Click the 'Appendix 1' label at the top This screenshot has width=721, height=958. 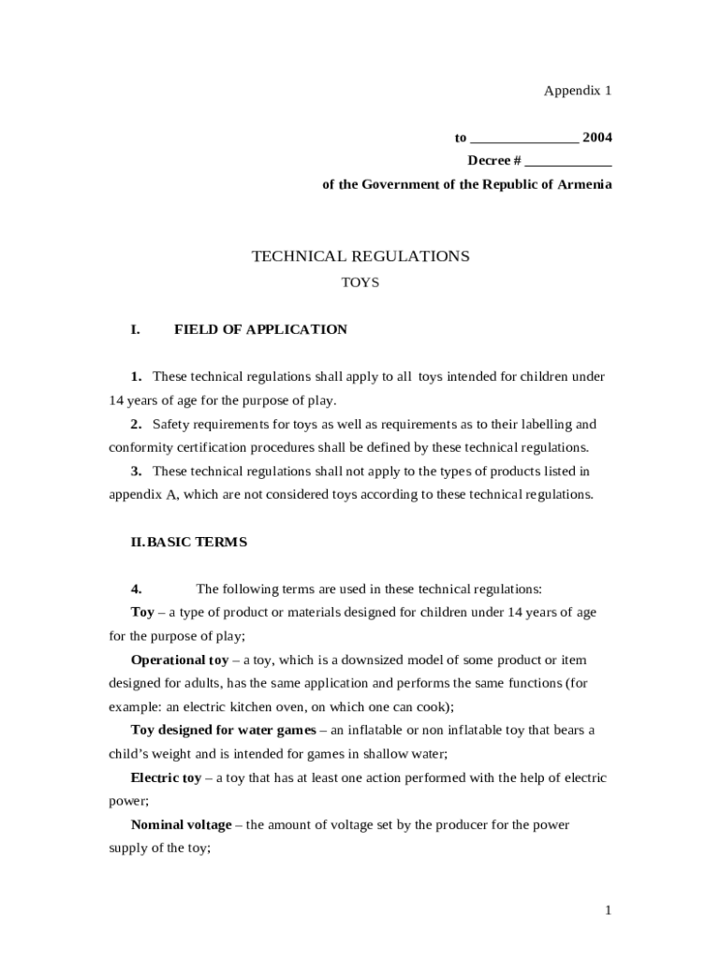pos(578,91)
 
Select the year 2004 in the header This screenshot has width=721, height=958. pos(596,138)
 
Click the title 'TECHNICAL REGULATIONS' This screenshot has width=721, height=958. pos(360,255)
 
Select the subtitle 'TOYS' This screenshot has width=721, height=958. pos(360,282)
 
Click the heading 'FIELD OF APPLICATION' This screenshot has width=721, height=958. pos(260,329)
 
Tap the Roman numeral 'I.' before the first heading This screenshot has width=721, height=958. pos(136,329)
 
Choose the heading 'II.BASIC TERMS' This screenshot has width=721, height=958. pos(189,542)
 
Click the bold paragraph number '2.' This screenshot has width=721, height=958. pos(136,424)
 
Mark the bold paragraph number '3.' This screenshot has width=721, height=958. pos(136,471)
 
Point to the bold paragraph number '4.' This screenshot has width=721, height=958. pos(136,588)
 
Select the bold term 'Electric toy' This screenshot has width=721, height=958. pos(166,777)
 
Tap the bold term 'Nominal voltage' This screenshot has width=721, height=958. pos(181,824)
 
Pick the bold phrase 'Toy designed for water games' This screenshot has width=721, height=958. pos(223,730)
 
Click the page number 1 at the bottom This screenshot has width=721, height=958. pos(607,909)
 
